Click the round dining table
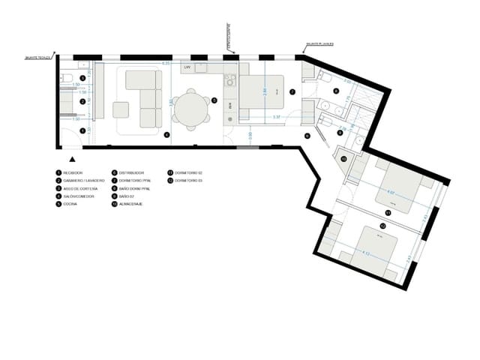tap(193, 109)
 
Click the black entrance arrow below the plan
tap(72, 160)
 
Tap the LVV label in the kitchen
tap(187, 67)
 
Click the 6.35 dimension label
tap(166, 64)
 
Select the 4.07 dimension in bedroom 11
tap(390, 193)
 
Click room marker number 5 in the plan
tap(214, 100)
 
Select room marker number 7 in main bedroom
tap(293, 91)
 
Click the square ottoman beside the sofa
tap(121, 109)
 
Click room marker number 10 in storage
tap(344, 159)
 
